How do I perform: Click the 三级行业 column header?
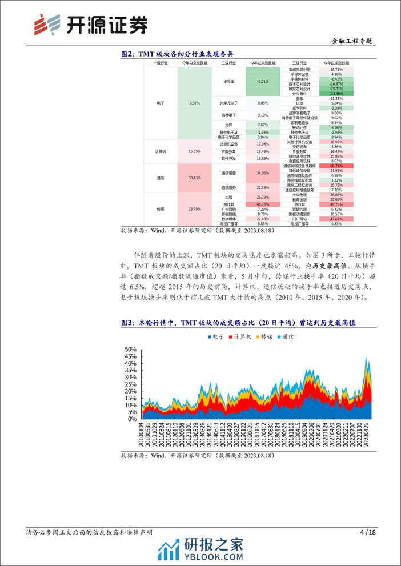coord(299,62)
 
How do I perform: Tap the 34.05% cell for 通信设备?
coord(263,173)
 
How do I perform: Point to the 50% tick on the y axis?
coord(130,349)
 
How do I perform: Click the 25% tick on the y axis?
coord(130,384)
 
